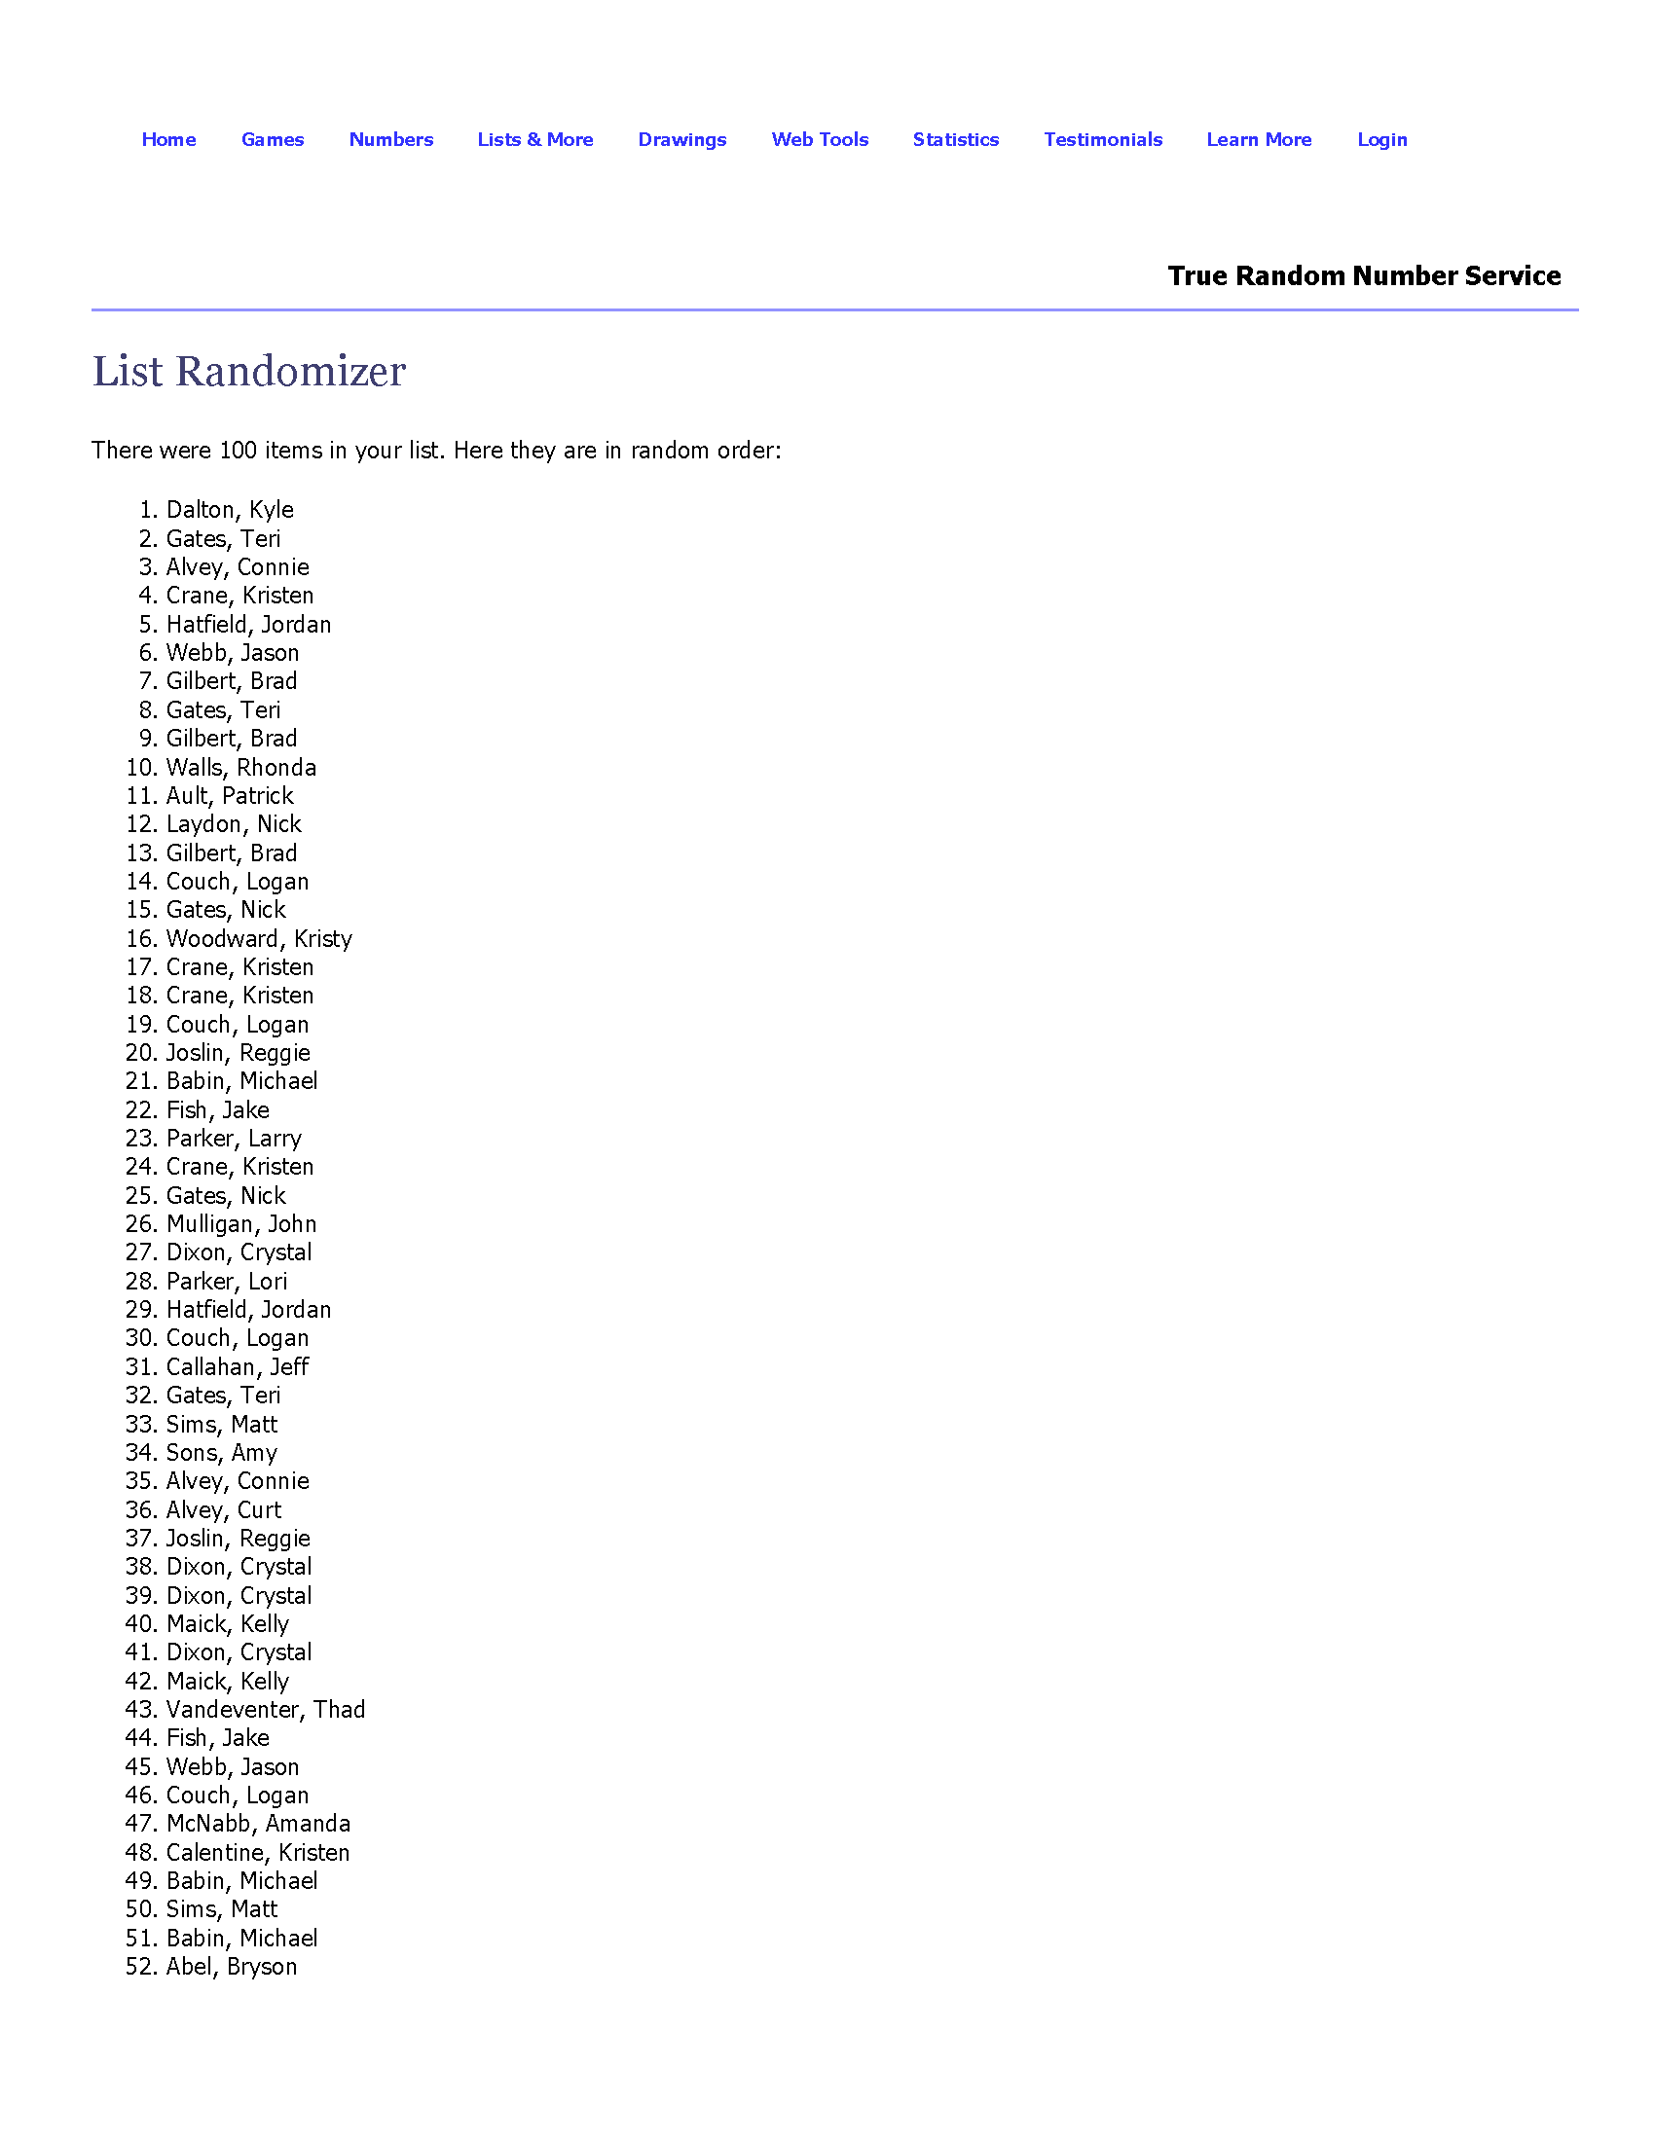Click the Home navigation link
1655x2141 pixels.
(168, 139)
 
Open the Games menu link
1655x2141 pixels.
(273, 139)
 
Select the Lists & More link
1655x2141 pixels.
(535, 139)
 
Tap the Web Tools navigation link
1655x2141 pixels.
(820, 139)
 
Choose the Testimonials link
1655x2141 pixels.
(1103, 139)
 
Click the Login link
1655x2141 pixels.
(1381, 139)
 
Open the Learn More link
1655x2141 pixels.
(1259, 139)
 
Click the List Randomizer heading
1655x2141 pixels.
(249, 372)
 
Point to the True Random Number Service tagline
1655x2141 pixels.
(1364, 275)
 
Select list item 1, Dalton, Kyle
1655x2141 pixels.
(230, 510)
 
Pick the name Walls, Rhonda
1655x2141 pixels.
(241, 768)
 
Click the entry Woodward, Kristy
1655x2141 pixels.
(259, 939)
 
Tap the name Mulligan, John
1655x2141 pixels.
(241, 1224)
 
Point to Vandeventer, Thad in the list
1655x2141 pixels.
(266, 1710)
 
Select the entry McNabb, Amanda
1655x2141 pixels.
(258, 1824)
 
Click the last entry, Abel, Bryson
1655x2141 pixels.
(232, 1967)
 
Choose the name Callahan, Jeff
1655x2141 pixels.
(238, 1367)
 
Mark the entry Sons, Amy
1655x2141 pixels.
(222, 1453)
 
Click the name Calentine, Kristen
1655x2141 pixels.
(258, 1853)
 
